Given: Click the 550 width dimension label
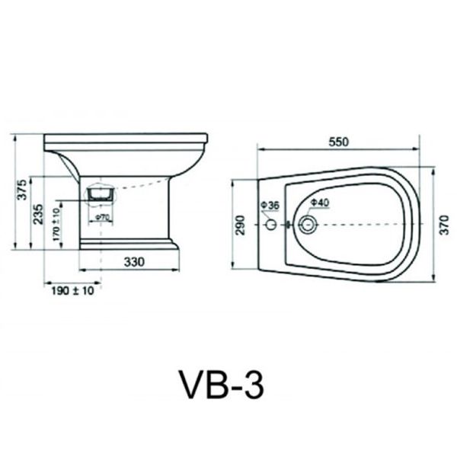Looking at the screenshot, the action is pyautogui.click(x=339, y=142).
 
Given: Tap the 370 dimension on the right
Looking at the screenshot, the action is pyautogui.click(x=444, y=225).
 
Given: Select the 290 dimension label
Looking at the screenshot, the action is pyautogui.click(x=241, y=225).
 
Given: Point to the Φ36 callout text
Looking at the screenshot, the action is pyautogui.click(x=270, y=205).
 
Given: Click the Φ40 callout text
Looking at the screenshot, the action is pyautogui.click(x=320, y=203).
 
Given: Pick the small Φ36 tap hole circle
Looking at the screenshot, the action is pyautogui.click(x=272, y=224).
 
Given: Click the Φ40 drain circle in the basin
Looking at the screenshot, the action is pyautogui.click(x=307, y=225).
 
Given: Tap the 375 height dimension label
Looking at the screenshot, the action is pyautogui.click(x=22, y=190).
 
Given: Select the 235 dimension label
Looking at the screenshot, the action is pyautogui.click(x=38, y=214).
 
